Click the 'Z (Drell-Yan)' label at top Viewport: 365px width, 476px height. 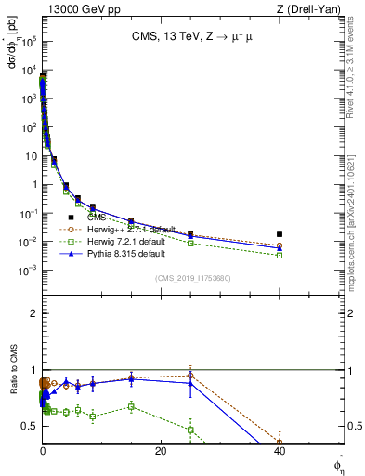point(311,8)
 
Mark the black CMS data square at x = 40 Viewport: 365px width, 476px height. point(280,234)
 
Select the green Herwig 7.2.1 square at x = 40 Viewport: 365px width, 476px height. point(280,255)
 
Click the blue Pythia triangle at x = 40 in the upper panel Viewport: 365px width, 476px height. point(280,248)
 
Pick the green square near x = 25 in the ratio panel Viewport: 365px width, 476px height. point(190,430)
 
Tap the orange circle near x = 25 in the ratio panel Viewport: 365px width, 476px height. point(190,376)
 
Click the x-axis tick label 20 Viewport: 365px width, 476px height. point(161,451)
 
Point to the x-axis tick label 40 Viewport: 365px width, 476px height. point(280,451)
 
